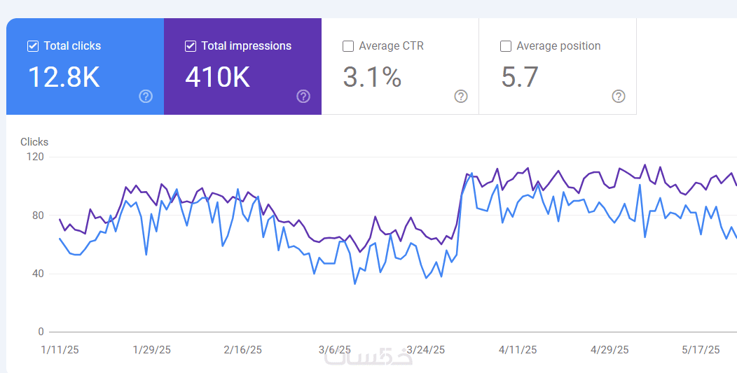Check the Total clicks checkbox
(x=33, y=46)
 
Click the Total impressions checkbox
(x=191, y=46)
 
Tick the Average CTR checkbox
(x=348, y=46)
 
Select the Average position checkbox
(x=506, y=46)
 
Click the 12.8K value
(x=64, y=77)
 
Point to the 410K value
(x=217, y=77)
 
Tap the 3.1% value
(x=372, y=77)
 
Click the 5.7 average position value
(x=519, y=77)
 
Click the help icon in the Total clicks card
(x=146, y=97)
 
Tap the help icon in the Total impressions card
(x=303, y=97)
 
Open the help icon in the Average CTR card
(x=461, y=97)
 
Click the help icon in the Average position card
(x=618, y=97)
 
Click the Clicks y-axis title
(x=34, y=142)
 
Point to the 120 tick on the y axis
(x=35, y=157)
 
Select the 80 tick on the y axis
(x=38, y=216)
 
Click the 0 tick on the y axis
(x=41, y=332)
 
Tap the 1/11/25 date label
(x=60, y=350)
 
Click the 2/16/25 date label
(x=242, y=350)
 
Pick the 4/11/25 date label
(x=518, y=350)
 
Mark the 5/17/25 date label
(x=701, y=350)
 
